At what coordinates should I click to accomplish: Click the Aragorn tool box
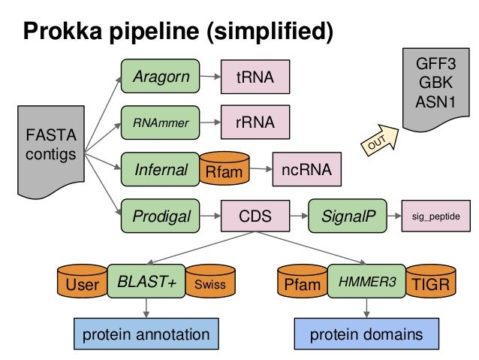coord(160,77)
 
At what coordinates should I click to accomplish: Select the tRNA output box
coord(255,77)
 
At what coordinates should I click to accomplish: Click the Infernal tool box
coord(160,170)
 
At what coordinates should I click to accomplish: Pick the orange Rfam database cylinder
coord(224,172)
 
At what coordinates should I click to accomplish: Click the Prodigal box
coord(160,217)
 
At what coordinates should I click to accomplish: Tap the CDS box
coord(255,217)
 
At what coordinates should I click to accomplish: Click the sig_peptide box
coord(436,217)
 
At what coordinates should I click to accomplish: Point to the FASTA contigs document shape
coord(50,147)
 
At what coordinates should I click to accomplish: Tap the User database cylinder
coord(82,283)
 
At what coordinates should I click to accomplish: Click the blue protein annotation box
coord(146,334)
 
